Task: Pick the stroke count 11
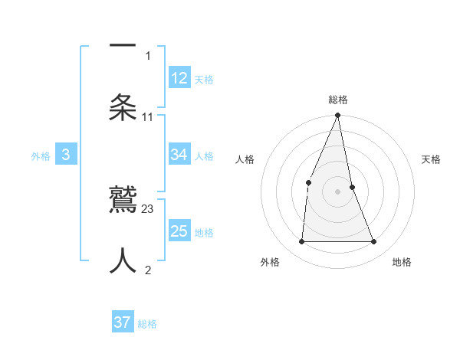148,117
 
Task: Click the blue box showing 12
179,78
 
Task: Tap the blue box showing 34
179,155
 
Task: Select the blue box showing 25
179,231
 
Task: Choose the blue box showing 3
66,155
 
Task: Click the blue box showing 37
123,322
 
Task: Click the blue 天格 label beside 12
204,80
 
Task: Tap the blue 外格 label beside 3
41,156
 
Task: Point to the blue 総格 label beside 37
147,324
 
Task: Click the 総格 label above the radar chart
338,100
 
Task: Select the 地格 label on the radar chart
402,262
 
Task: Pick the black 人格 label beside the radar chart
245,159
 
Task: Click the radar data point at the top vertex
338,116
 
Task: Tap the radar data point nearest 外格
302,241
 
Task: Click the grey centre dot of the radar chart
338,191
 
